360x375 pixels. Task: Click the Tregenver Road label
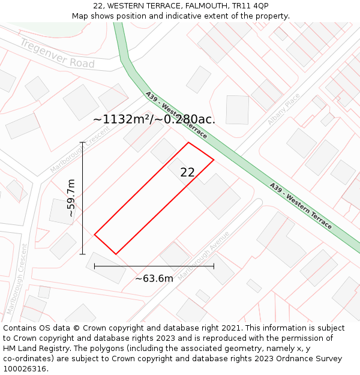pos(57,53)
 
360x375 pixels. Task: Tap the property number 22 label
pos(187,172)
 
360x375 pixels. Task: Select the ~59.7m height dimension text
pos(71,198)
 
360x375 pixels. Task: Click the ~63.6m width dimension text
pos(154,278)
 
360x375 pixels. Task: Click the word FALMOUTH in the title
pos(209,5)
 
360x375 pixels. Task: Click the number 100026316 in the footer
pos(25,368)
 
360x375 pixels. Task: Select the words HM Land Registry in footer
pos(30,348)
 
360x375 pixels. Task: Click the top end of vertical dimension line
pos(83,142)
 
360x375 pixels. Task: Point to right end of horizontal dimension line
pos(214,266)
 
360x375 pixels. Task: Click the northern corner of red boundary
pos(189,142)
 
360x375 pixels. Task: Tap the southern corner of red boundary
pos(116,254)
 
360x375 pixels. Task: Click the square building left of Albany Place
pos(237,110)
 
